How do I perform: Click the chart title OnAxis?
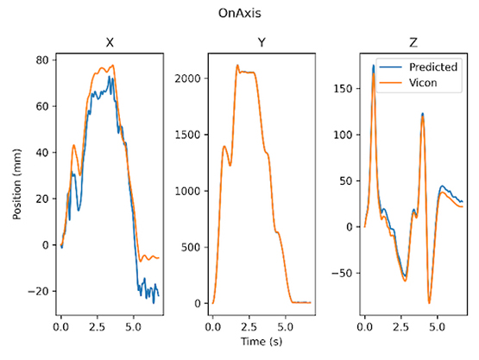[240, 15]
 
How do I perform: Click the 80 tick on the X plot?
[41, 60]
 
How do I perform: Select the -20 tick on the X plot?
[39, 291]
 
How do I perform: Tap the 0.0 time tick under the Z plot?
[365, 328]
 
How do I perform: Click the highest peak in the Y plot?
[237, 65]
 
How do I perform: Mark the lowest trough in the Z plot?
[429, 304]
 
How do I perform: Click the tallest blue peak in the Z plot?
[374, 65]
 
